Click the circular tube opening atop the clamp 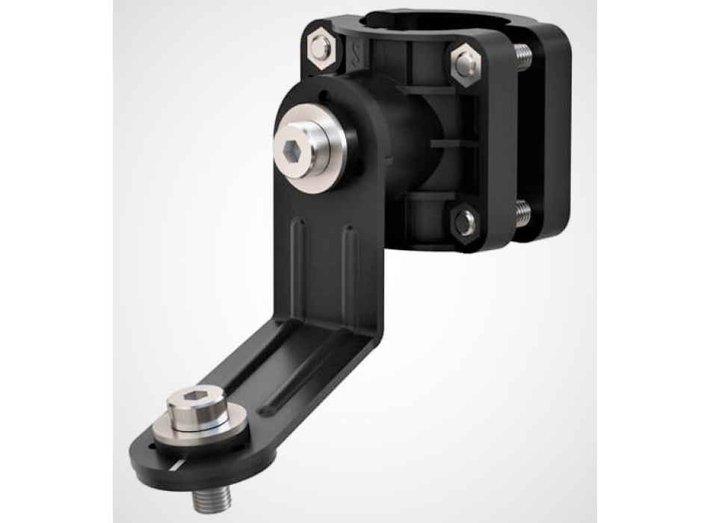pyautogui.click(x=419, y=19)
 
